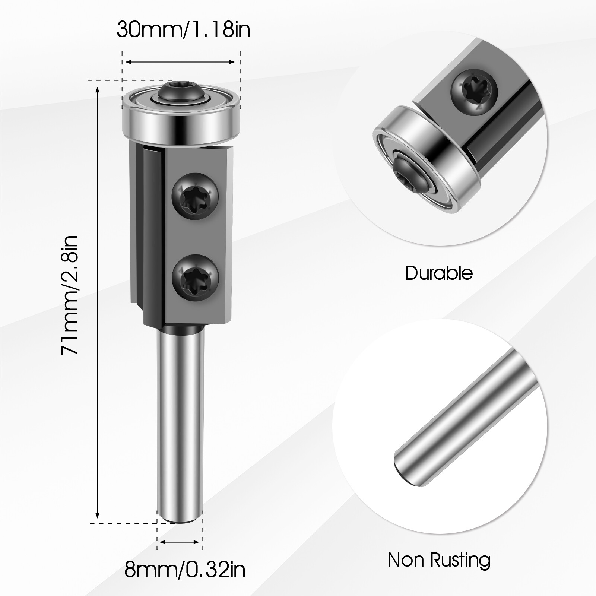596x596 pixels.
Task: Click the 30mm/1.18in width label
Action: (183, 30)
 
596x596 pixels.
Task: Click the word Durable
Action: (439, 273)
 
